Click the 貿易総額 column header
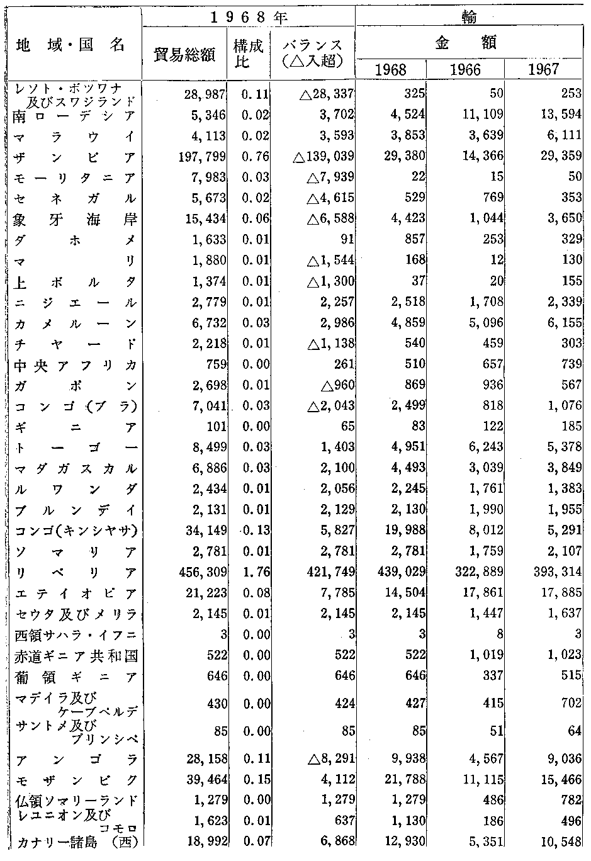point(186,55)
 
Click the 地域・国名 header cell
point(70,45)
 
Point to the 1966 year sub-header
point(465,69)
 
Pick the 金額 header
point(466,42)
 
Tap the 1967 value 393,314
point(556,573)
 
